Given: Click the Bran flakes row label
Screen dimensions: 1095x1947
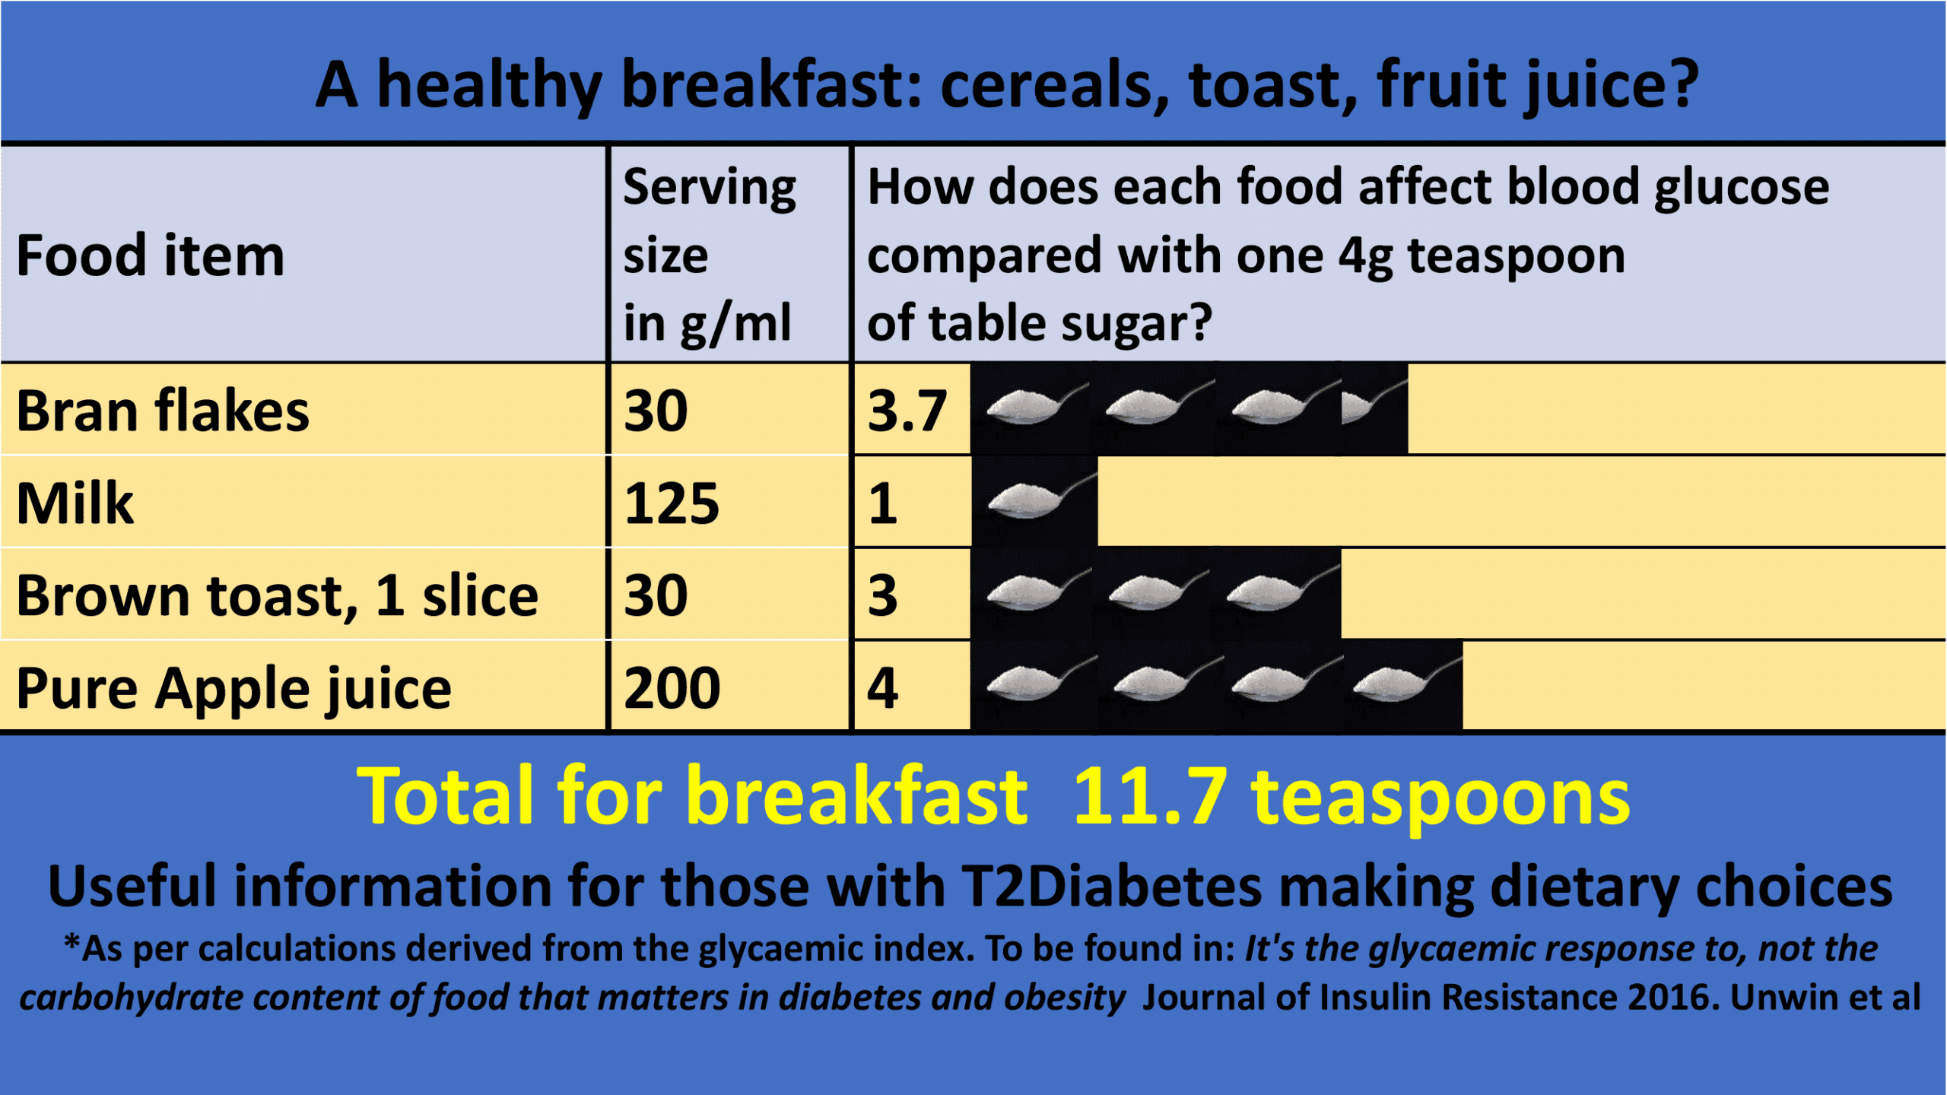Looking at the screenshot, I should [163, 411].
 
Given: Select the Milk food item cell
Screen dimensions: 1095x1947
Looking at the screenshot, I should [75, 503].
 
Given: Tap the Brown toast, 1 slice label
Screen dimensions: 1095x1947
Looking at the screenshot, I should [277, 595].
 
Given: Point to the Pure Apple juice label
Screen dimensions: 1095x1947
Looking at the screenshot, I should [234, 688].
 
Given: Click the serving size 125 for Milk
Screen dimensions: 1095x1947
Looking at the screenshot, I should [672, 503].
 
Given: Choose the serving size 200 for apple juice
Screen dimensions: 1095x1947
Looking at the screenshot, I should [672, 688].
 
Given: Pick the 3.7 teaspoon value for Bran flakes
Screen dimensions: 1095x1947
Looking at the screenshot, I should [907, 411].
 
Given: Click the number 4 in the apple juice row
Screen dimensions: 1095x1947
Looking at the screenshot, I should [883, 688].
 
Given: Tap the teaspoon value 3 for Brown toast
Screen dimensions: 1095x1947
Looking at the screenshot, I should [883, 595].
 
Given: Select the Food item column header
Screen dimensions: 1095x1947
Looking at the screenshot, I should [151, 255].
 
